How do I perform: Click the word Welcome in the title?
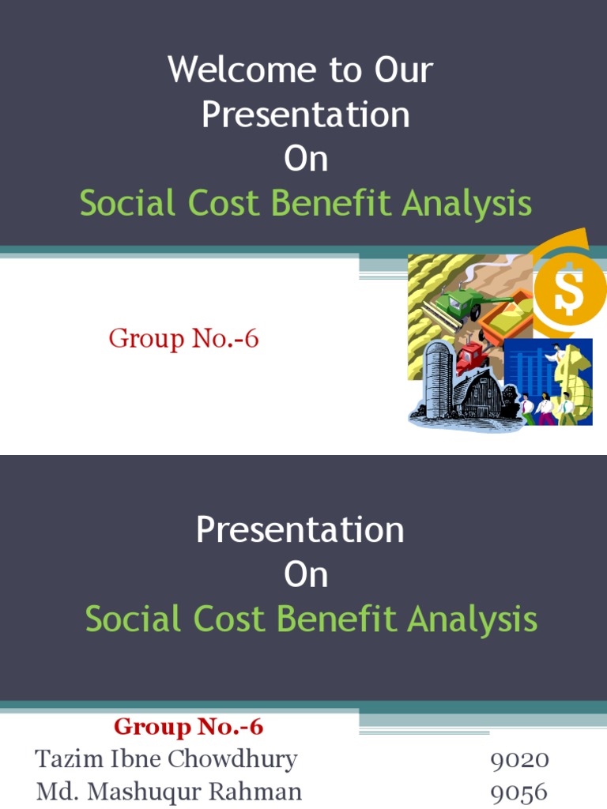coord(232,70)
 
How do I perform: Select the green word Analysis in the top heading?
coord(466,204)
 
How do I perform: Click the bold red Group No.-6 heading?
coord(188,726)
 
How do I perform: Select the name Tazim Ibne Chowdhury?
coord(166,759)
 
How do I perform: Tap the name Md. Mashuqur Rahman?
coord(168,792)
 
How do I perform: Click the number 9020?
coord(519,760)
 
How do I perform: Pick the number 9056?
coord(519,792)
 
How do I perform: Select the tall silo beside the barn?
coord(437,380)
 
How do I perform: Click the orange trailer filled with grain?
coord(507,313)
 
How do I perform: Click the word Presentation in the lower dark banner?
coord(300,529)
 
